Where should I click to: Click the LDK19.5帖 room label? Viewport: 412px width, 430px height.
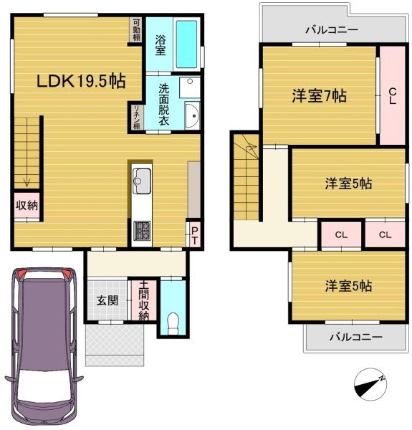coord(81,81)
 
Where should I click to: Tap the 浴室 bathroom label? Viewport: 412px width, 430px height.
coord(161,45)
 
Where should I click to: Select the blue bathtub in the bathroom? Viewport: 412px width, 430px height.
coord(186,44)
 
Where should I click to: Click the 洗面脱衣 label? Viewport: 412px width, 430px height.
coord(163,105)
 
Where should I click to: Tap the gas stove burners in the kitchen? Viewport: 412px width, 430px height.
coord(142,230)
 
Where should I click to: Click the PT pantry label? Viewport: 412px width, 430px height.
coord(194,236)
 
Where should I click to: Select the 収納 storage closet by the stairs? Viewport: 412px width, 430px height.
coord(27,206)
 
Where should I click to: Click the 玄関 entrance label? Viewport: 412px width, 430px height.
coord(107,301)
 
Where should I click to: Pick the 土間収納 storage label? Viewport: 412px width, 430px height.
coord(143,300)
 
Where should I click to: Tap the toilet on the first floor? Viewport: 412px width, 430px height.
coord(173,323)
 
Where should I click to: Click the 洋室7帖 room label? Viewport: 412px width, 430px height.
coord(320,96)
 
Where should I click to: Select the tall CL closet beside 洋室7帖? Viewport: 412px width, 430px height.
coord(393,95)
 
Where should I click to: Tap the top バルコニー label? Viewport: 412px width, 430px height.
coord(332,29)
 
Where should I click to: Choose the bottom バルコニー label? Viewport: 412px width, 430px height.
coord(356,337)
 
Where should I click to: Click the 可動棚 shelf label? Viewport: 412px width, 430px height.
coord(137,29)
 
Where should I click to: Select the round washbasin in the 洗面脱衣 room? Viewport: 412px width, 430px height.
coord(193,115)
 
